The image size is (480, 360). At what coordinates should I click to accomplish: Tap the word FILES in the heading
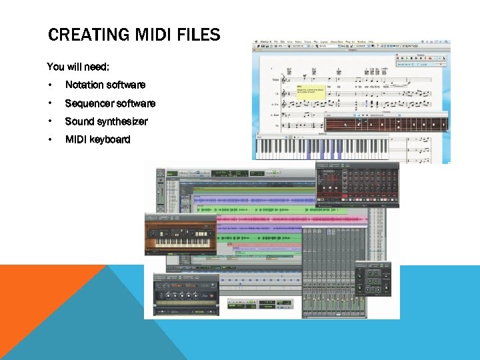[x=198, y=35]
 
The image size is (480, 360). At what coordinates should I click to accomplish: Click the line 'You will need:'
[x=78, y=67]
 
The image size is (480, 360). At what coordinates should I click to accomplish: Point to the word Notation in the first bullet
[x=85, y=85]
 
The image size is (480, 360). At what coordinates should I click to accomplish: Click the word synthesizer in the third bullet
[x=122, y=121]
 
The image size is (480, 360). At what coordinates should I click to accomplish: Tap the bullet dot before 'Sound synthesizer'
[x=50, y=121]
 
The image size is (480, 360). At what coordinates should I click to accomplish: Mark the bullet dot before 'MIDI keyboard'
[x=50, y=139]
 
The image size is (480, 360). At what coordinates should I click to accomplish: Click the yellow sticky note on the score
[x=310, y=92]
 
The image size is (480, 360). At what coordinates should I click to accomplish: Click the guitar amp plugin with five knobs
[x=186, y=294]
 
